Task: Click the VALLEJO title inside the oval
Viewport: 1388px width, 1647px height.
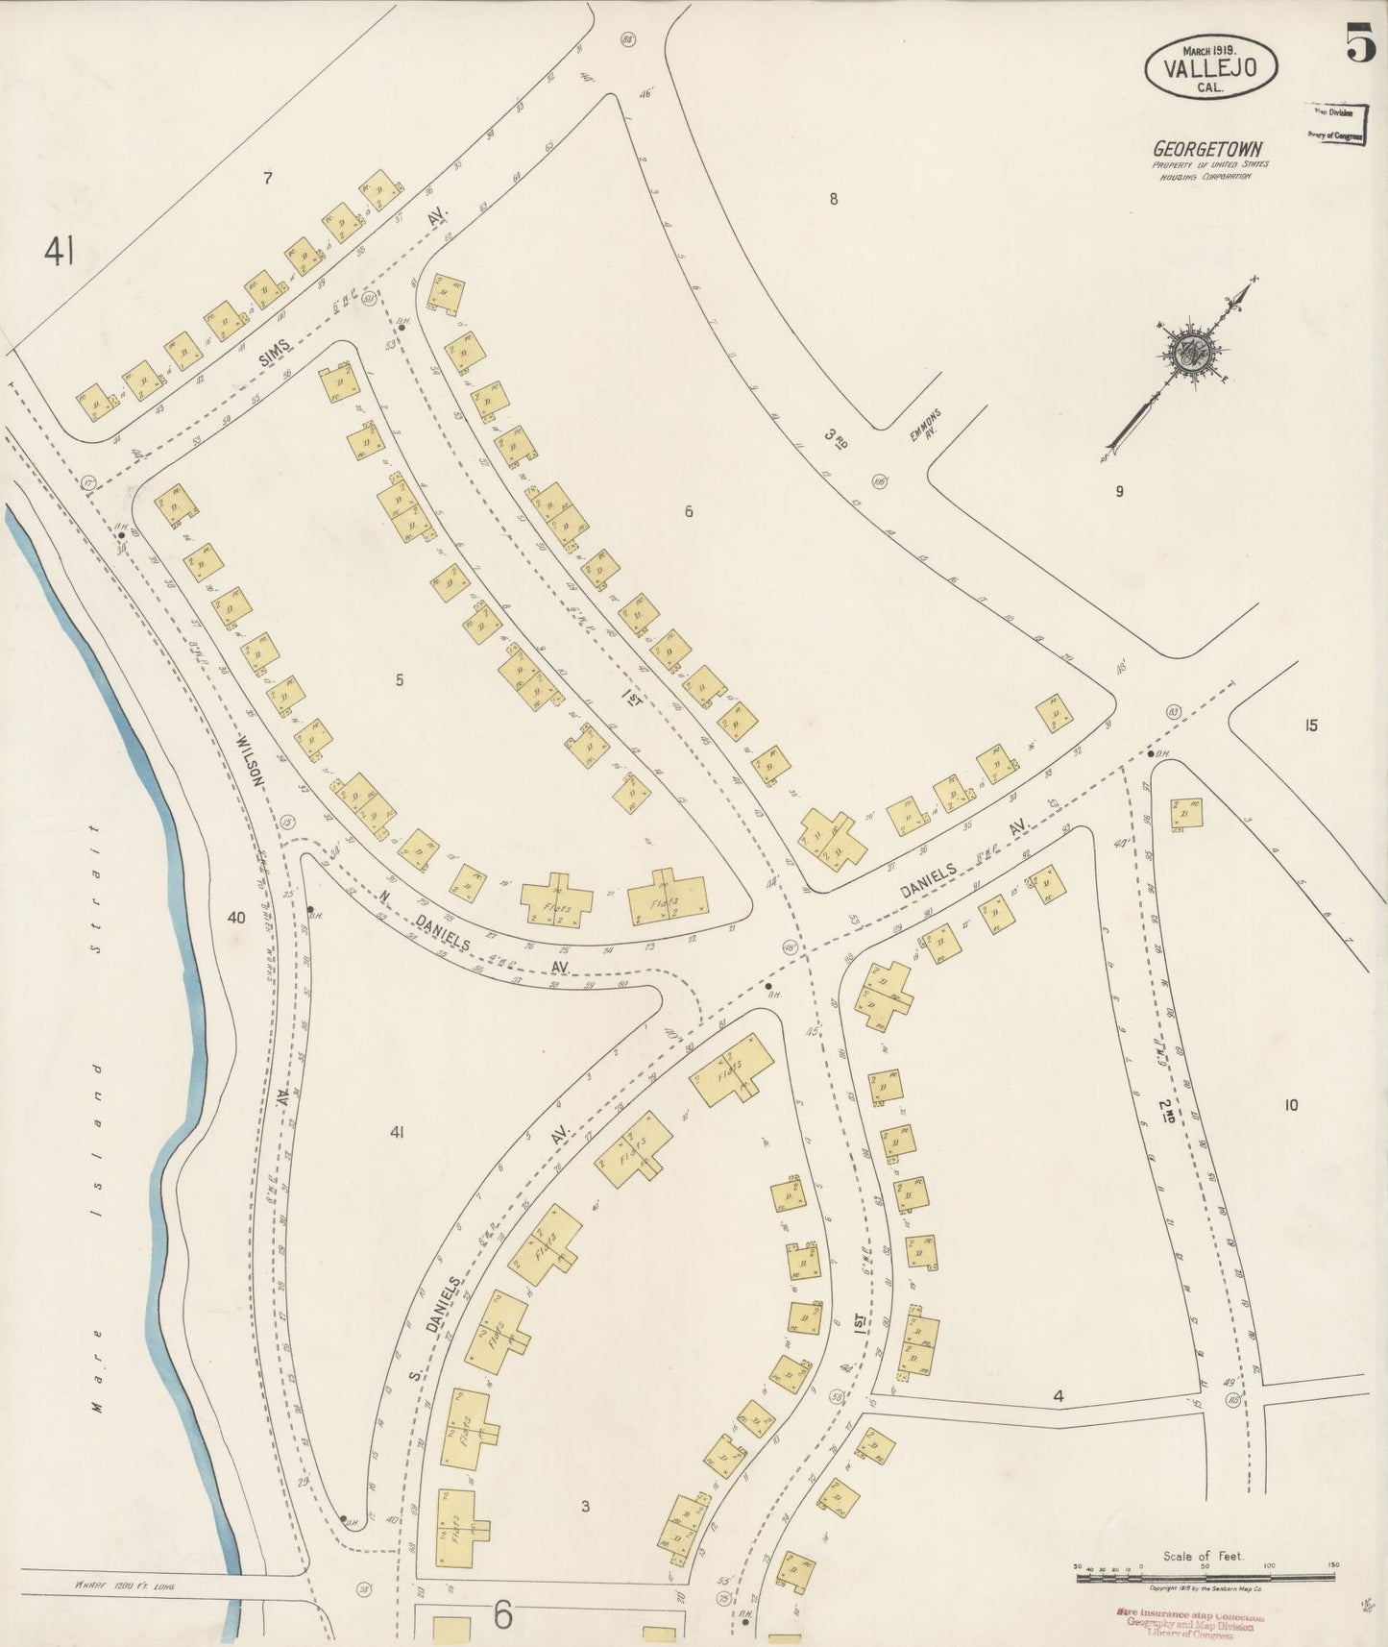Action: point(1209,67)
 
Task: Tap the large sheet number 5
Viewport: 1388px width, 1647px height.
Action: point(1360,43)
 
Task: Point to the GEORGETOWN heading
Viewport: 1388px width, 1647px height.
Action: point(1208,149)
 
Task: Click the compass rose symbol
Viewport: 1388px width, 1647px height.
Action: point(1191,350)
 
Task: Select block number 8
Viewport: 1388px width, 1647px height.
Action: point(834,199)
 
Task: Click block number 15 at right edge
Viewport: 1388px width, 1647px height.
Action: point(1310,725)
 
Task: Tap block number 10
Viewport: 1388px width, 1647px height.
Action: point(1290,1105)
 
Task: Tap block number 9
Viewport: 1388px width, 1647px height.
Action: point(1118,492)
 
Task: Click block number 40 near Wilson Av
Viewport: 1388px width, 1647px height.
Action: point(235,918)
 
